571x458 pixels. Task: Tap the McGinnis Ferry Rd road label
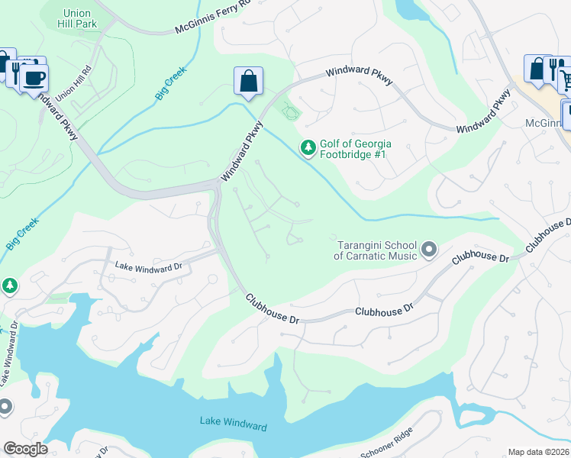pyautogui.click(x=213, y=18)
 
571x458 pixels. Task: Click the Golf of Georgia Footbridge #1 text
pyautogui.click(x=355, y=149)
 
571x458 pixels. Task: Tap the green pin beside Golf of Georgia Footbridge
pyautogui.click(x=308, y=147)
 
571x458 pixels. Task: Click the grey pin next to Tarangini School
pyautogui.click(x=429, y=248)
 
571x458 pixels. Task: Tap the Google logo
pyautogui.click(x=25, y=448)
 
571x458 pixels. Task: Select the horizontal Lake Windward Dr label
pyautogui.click(x=149, y=266)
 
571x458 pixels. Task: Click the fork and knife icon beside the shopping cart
pyautogui.click(x=555, y=68)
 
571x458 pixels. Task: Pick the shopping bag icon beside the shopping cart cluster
pyautogui.click(x=537, y=68)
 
